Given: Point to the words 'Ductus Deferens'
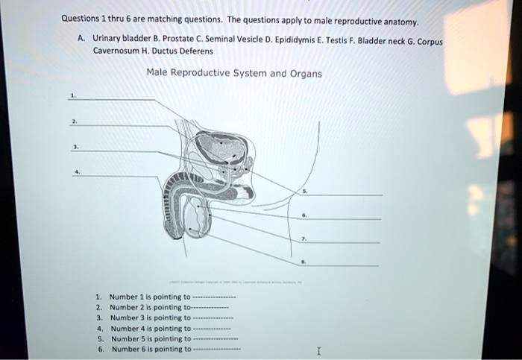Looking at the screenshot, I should [x=186, y=51].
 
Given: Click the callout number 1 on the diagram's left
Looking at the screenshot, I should [x=72, y=95].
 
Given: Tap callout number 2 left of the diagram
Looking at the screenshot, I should [x=72, y=121].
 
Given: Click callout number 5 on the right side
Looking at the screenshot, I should [x=303, y=192].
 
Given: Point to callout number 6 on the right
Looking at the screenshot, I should [x=303, y=216].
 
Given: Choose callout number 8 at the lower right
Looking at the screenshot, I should [x=303, y=262].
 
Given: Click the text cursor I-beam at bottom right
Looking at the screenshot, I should [x=319, y=350].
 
